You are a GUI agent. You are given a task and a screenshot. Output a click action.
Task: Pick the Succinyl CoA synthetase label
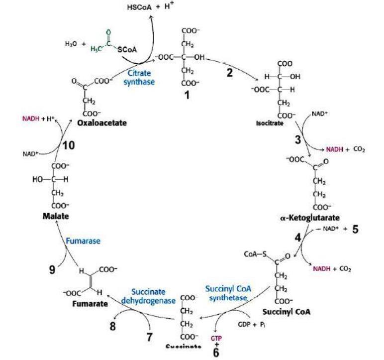point(226,294)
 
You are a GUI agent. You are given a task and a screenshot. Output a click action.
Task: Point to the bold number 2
point(230,72)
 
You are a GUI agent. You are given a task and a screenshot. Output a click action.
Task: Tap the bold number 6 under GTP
point(215,352)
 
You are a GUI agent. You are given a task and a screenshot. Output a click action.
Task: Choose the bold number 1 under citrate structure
point(187,95)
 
